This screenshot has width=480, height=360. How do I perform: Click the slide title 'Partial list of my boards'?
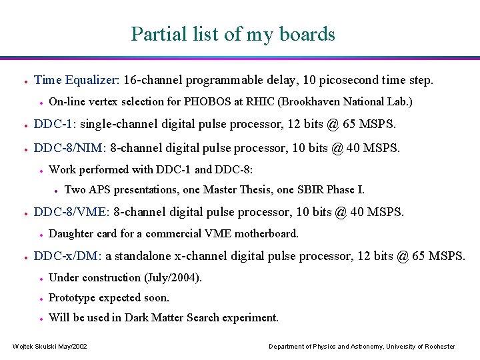tap(233, 33)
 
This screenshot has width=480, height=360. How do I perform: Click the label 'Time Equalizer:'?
tap(77, 80)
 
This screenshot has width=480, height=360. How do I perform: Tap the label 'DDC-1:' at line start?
tap(55, 124)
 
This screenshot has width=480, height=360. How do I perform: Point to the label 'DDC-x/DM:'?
tap(68, 256)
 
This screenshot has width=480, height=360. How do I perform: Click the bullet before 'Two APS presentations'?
tap(56, 191)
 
